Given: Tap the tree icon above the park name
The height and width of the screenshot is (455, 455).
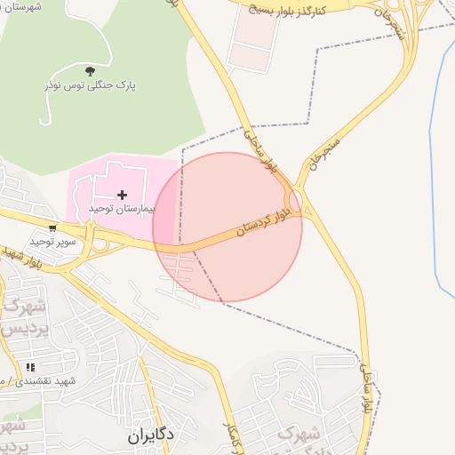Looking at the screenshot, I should tap(89, 70).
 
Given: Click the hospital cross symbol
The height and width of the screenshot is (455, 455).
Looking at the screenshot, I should tap(122, 194).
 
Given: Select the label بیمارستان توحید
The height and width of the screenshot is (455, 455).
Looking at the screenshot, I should tap(122, 207).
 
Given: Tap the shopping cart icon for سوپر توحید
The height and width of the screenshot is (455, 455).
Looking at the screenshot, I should tap(53, 228).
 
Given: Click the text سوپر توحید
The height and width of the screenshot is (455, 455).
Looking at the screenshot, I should tap(50, 241).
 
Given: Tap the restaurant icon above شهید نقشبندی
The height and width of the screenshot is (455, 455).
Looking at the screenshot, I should tap(30, 366).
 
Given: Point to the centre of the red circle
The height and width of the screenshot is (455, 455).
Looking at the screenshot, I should tap(227, 227).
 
